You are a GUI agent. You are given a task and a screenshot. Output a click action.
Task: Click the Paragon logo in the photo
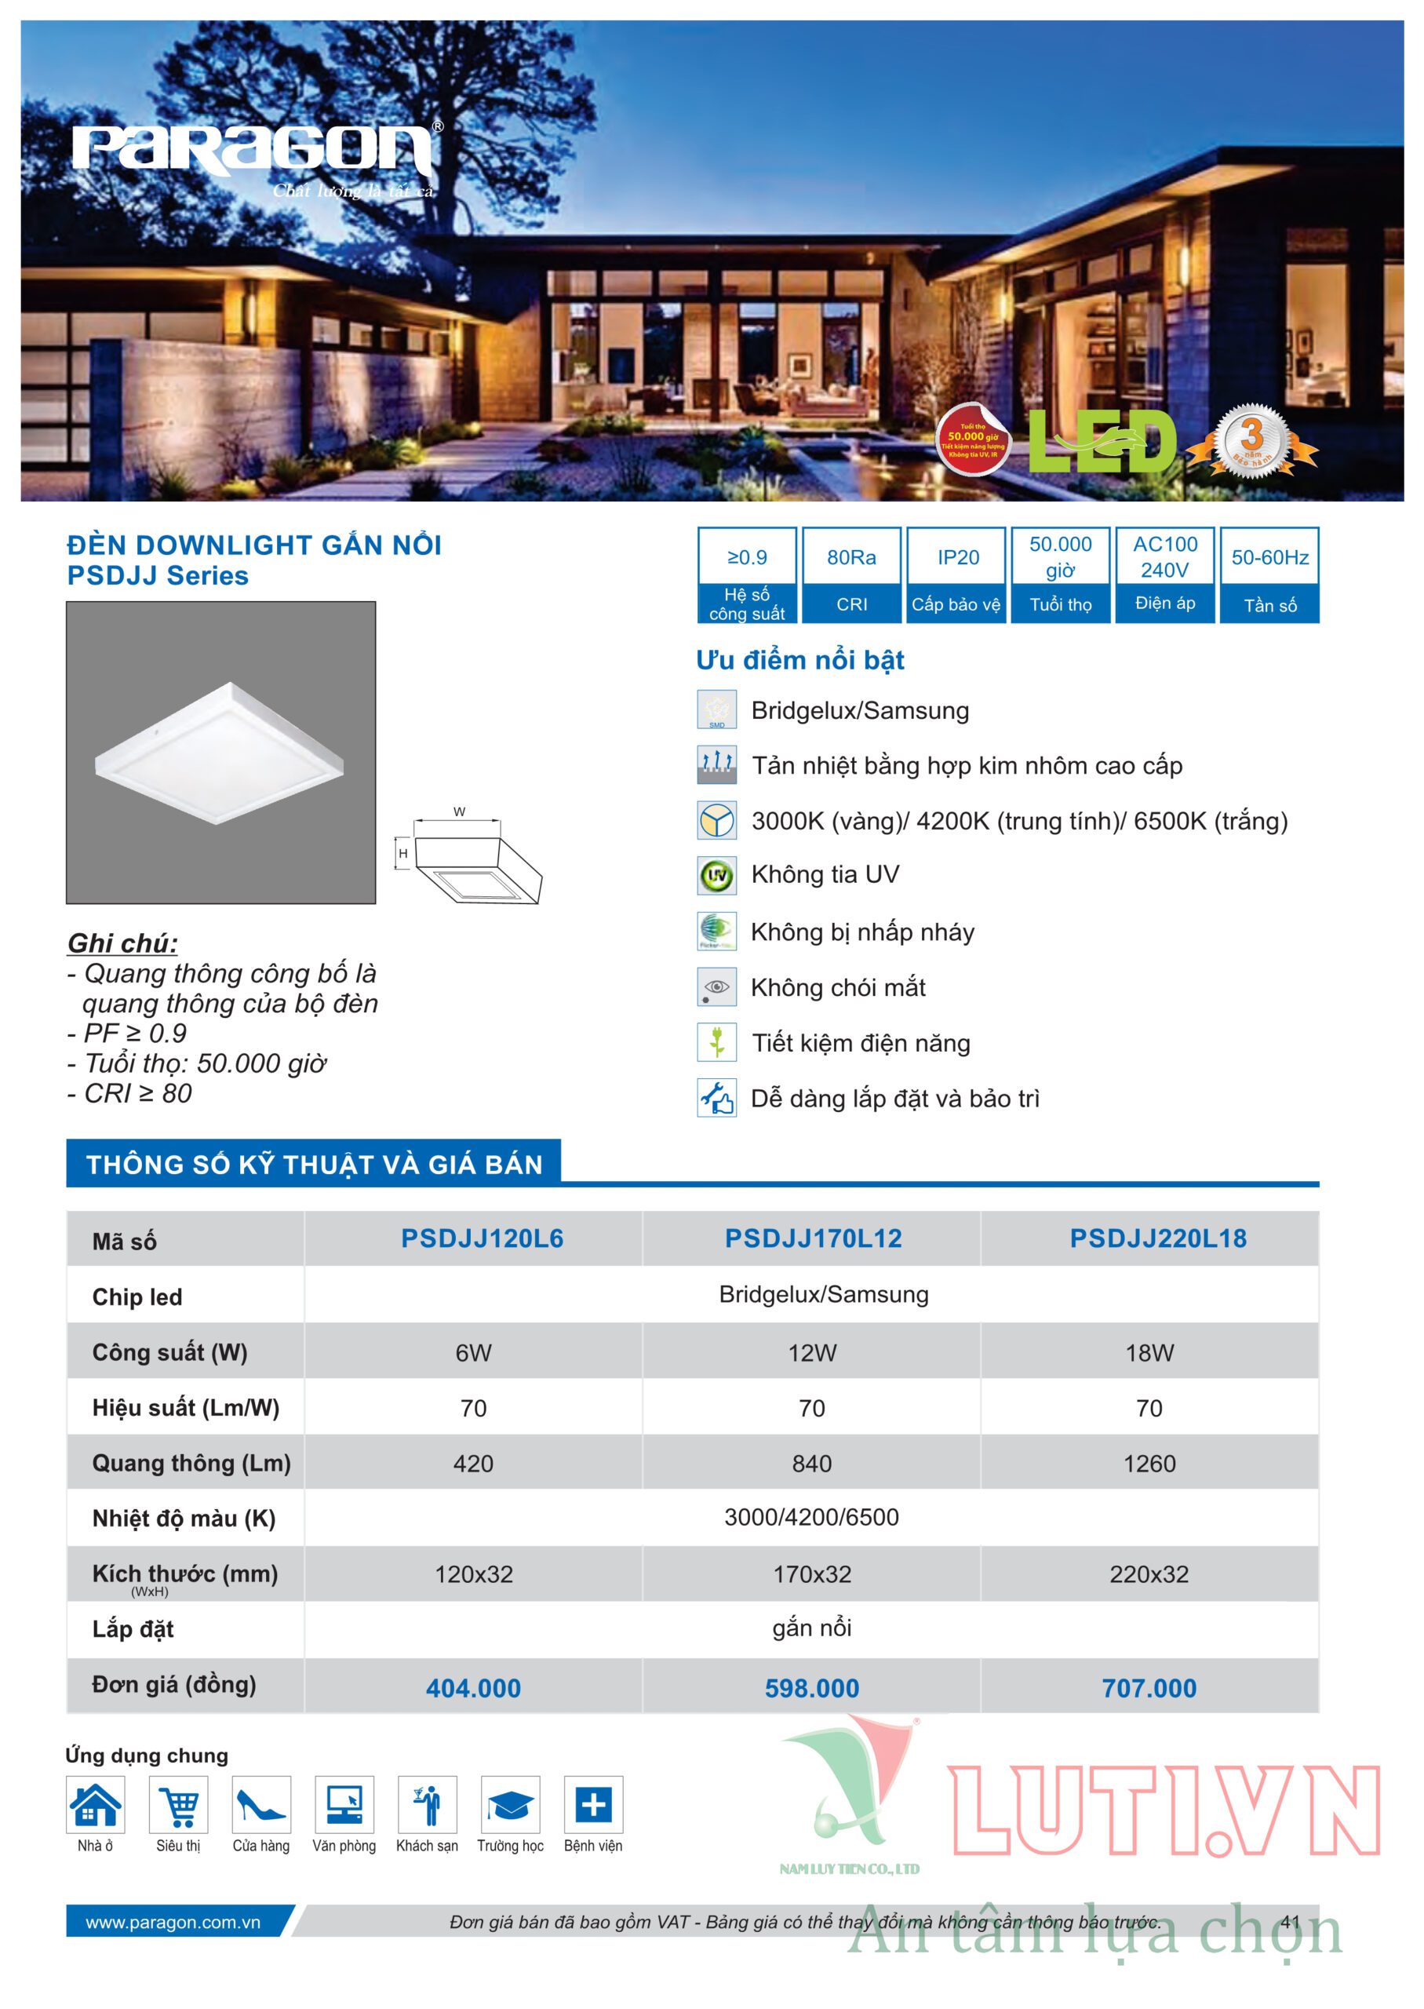254,151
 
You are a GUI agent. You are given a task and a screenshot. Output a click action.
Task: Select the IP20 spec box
956,574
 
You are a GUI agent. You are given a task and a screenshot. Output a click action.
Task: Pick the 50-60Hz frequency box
1269,574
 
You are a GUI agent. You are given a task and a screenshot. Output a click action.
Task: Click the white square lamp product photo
220,752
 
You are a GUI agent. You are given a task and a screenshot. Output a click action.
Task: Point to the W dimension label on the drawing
459,812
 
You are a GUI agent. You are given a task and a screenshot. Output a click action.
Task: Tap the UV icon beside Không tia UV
716,875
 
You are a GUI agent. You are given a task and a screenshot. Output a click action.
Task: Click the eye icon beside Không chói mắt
716,986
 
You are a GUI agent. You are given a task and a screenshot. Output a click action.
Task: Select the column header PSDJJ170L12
813,1238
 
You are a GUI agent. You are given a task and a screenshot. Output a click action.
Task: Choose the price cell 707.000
1149,1688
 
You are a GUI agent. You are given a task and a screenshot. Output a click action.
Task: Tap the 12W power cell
812,1352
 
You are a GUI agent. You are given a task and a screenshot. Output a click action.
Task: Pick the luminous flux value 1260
1149,1463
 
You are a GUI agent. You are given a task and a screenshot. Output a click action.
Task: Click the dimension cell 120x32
474,1574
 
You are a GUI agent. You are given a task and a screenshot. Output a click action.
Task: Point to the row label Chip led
137,1297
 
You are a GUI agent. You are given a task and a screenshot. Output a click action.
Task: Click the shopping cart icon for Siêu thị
179,1805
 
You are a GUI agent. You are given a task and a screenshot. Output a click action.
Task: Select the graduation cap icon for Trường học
510,1805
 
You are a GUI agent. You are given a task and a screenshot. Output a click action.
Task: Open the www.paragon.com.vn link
173,1922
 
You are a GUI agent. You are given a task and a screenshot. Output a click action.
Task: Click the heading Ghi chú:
122,943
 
